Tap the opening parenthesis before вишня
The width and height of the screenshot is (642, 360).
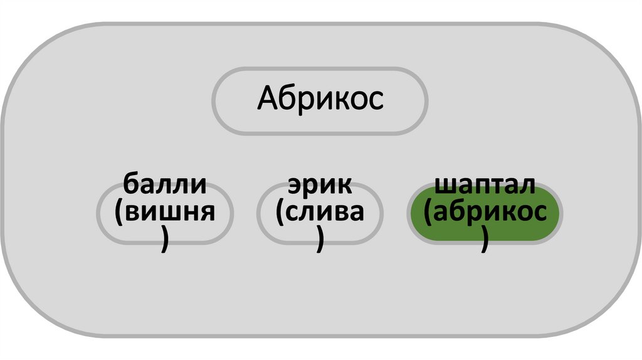[x=119, y=213]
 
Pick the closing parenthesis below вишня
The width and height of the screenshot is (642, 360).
[x=165, y=240]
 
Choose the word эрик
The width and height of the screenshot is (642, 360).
[x=320, y=186]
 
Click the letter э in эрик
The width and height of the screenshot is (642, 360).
[x=295, y=186]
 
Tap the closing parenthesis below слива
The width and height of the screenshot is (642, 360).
[x=321, y=240]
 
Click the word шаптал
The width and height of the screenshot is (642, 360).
[x=485, y=186]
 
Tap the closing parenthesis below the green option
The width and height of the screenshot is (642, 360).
[x=485, y=240]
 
